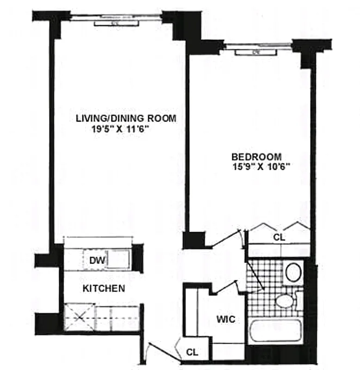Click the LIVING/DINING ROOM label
point(126,118)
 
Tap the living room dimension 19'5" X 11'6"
point(123,130)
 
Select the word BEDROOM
point(256,157)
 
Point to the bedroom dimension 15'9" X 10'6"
point(261,167)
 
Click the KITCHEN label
point(104,289)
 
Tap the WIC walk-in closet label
point(226,319)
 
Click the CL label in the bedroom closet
point(279,237)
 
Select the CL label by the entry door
point(192,352)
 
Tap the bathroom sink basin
point(293,272)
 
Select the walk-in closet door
point(227,287)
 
